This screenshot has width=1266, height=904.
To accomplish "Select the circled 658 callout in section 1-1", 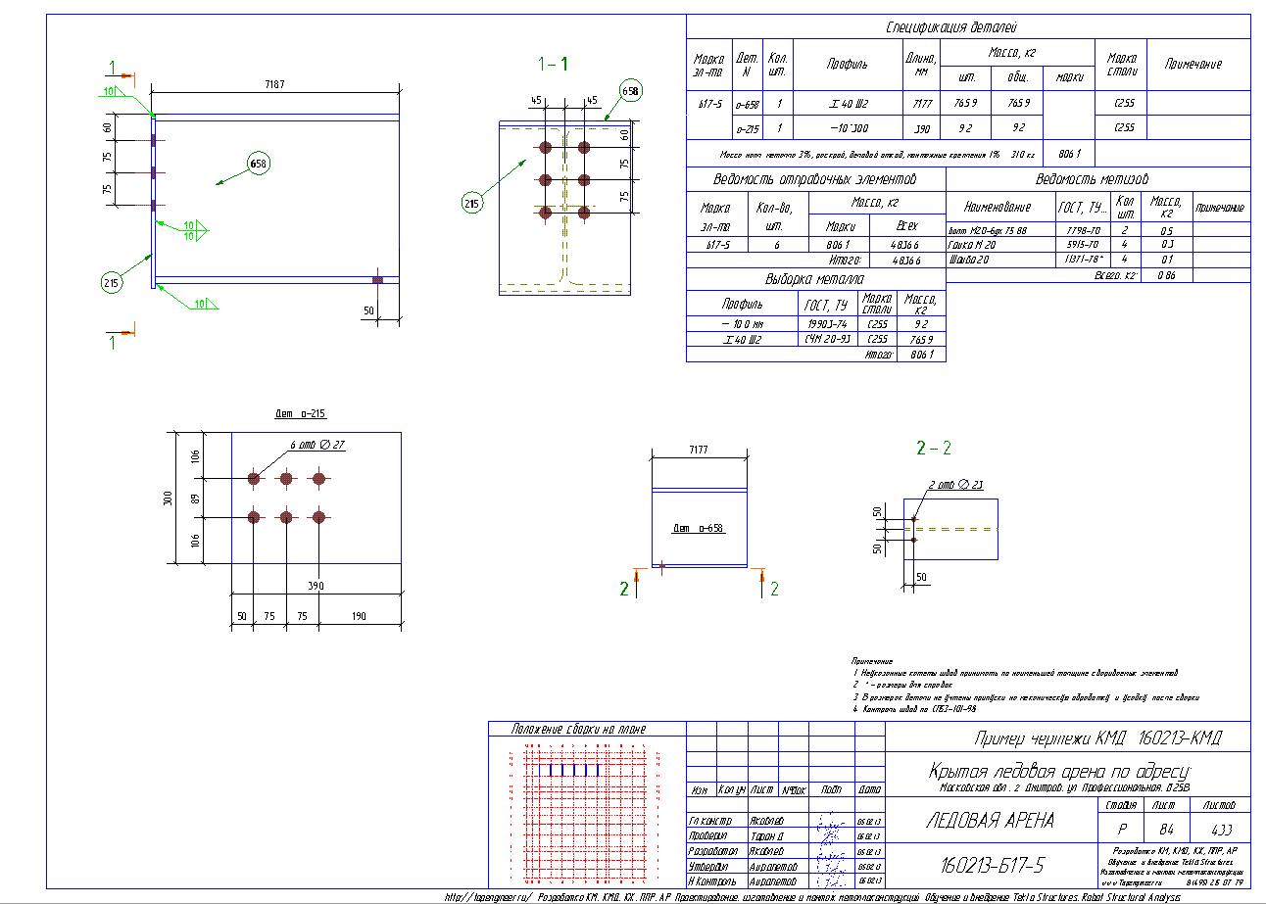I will tap(629, 91).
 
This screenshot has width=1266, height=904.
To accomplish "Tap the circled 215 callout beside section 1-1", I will tap(472, 204).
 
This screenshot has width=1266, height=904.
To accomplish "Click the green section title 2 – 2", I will tap(933, 449).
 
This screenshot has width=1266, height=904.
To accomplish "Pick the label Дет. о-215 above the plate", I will tap(300, 415).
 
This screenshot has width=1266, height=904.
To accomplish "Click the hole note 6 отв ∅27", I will tap(317, 445).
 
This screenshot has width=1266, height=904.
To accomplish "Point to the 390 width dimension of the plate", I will tap(316, 586).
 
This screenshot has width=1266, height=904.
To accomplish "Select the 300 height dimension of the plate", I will tap(166, 498).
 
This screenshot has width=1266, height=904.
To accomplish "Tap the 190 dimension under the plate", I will tap(359, 617).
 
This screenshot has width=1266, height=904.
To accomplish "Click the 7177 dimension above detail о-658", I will tap(698, 450).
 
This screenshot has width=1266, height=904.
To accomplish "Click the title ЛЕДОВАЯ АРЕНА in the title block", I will tap(990, 821).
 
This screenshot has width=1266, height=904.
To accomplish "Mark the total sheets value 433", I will tap(1219, 829).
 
